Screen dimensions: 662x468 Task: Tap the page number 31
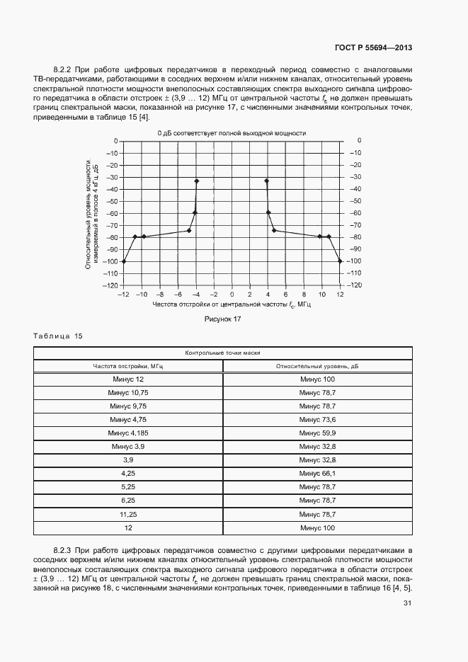point(407,603)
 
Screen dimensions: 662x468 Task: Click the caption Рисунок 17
point(224,319)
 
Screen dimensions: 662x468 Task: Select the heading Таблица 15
point(58,336)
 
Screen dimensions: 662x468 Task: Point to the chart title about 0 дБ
point(232,133)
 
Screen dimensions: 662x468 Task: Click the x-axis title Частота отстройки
point(232,304)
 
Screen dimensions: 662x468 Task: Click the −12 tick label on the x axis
point(123,293)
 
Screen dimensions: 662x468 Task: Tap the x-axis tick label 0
point(232,293)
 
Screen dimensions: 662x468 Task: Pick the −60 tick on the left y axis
point(110,213)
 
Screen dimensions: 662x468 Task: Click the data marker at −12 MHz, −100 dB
point(124,261)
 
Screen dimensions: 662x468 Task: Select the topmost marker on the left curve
point(196,181)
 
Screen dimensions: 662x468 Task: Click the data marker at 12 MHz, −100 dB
point(340,261)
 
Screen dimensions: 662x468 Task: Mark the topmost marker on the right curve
point(267,181)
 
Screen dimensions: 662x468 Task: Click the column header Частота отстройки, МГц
point(127,366)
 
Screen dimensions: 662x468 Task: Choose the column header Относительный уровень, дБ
point(317,366)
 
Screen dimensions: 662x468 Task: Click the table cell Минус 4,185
point(127,433)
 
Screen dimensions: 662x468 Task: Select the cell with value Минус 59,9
point(317,433)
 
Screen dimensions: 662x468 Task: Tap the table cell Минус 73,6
point(317,420)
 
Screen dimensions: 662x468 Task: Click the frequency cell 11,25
point(127,514)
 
